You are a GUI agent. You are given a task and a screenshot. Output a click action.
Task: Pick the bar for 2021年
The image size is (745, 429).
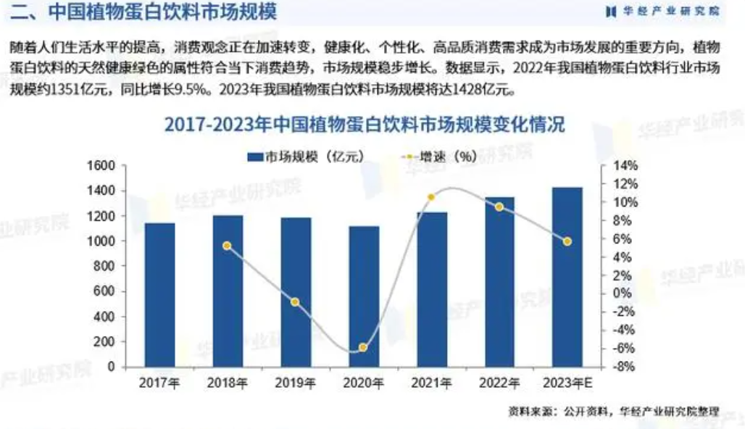pos(431,289)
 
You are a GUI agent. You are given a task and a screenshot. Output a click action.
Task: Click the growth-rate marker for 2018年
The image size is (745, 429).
pos(227,246)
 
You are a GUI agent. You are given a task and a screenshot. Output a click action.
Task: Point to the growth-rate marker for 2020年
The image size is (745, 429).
pos(363,348)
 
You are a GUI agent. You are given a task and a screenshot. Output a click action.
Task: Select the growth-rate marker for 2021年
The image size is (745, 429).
pos(431,197)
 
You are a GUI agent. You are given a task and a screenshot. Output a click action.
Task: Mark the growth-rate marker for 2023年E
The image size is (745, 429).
pos(567,241)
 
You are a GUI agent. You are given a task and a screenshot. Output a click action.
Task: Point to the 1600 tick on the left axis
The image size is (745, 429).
pos(102,166)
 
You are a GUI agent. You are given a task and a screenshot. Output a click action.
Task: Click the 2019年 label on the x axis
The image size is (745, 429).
pos(295,383)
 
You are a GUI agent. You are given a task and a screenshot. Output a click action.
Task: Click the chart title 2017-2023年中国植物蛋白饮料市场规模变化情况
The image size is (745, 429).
pos(364,124)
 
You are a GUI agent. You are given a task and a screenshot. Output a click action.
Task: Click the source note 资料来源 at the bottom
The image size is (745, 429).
pos(613,412)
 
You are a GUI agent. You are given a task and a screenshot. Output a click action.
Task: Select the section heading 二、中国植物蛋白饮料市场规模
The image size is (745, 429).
pos(142,12)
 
